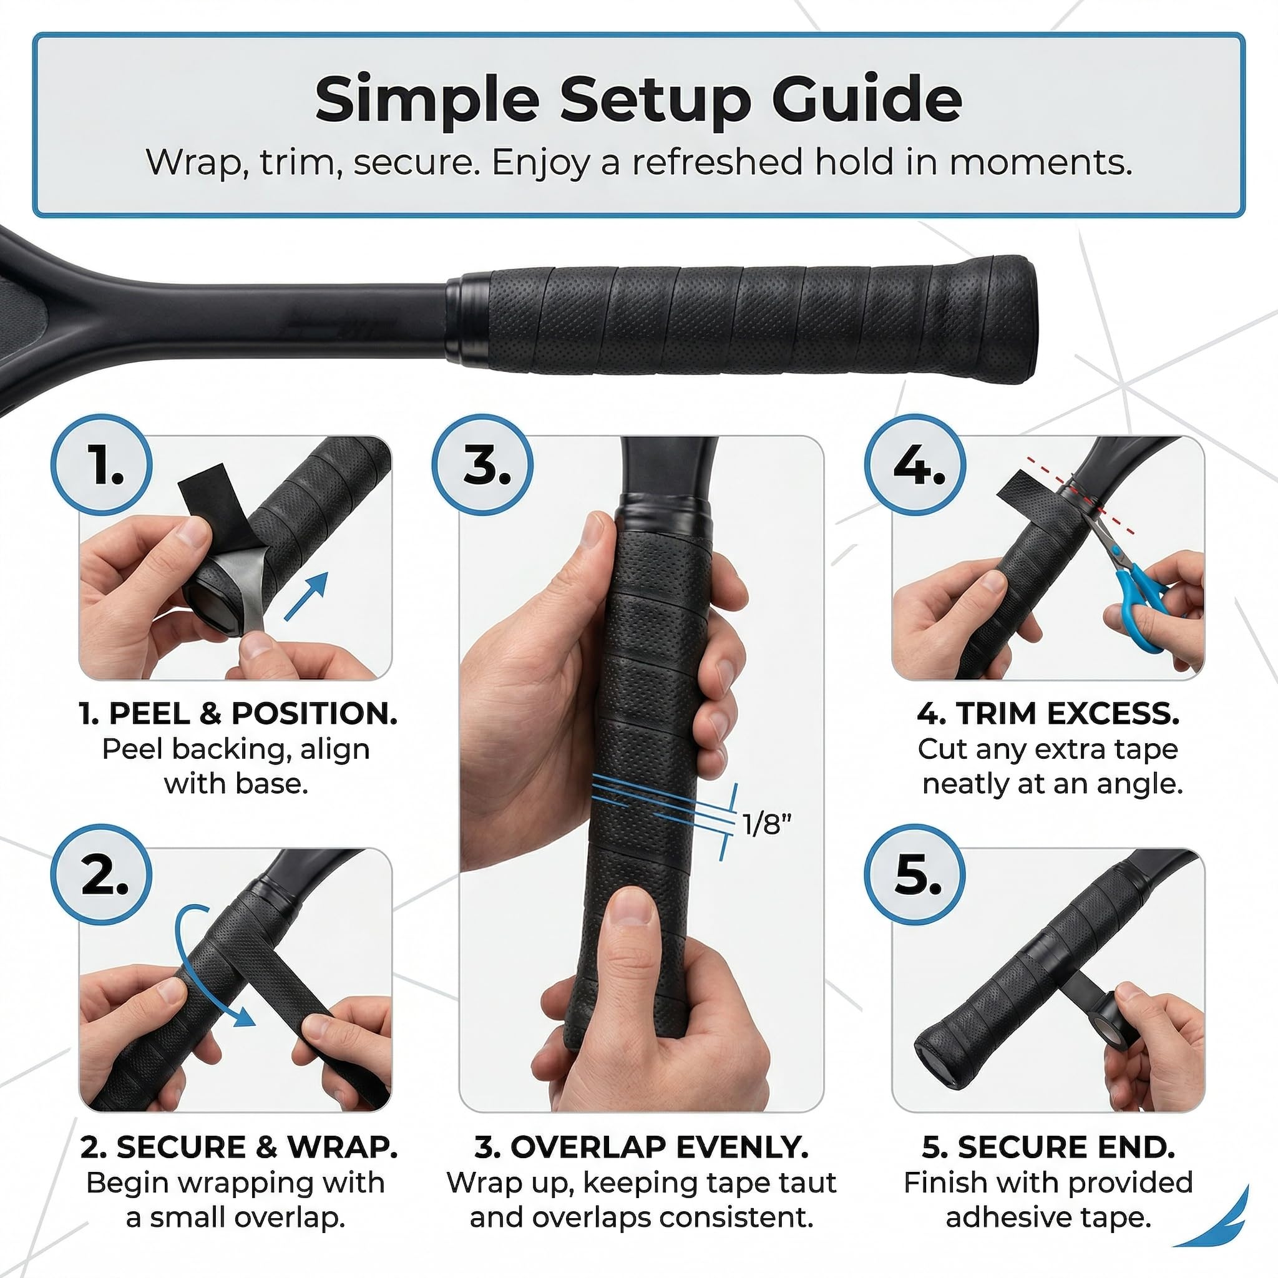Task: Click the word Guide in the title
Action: pyautogui.click(x=867, y=100)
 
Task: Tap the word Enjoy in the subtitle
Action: pyautogui.click(x=539, y=163)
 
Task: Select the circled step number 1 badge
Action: pyautogui.click(x=101, y=465)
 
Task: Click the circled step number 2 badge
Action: pyautogui.click(x=101, y=875)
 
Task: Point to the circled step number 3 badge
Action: pyautogui.click(x=483, y=465)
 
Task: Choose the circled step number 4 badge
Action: pyautogui.click(x=915, y=465)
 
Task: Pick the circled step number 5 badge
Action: pyautogui.click(x=915, y=875)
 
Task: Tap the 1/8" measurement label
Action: pyautogui.click(x=767, y=824)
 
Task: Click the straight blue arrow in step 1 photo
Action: pyautogui.click(x=306, y=597)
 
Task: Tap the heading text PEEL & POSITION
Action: pyautogui.click(x=253, y=714)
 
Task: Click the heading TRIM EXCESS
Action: pyautogui.click(x=1068, y=714)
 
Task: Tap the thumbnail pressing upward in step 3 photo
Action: pyautogui.click(x=633, y=907)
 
